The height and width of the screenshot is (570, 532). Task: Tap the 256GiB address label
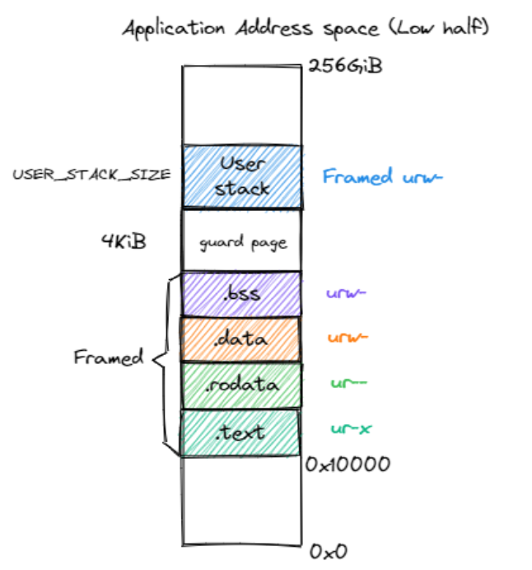(x=344, y=66)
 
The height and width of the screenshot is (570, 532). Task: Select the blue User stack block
(x=242, y=176)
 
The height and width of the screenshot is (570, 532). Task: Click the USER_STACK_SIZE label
(x=91, y=175)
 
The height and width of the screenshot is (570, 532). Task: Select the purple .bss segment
(x=241, y=294)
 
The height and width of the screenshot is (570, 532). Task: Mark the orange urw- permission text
(x=347, y=337)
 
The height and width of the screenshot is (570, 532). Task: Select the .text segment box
(x=240, y=432)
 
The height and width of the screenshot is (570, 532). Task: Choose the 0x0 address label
(x=330, y=550)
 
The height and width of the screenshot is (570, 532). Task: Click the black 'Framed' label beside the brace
(x=108, y=358)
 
